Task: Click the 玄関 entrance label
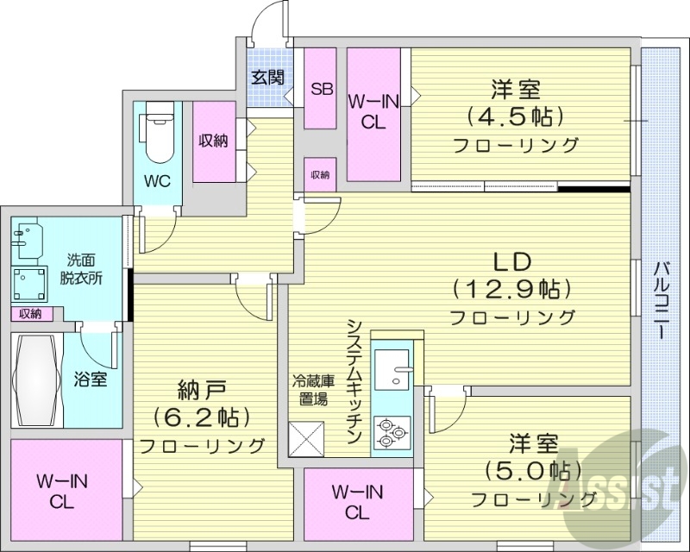click(267, 77)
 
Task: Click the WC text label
click(158, 181)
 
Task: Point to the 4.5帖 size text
click(515, 116)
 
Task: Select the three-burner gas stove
click(392, 430)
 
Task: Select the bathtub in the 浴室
click(35, 379)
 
